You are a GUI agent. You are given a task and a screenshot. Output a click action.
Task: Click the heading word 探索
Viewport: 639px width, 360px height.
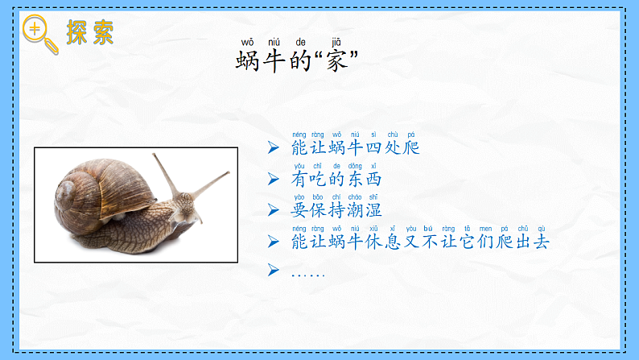90,31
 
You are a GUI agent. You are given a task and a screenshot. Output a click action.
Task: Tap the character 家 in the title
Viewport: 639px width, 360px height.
336,60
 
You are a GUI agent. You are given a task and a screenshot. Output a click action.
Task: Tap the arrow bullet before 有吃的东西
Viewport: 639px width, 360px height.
274,179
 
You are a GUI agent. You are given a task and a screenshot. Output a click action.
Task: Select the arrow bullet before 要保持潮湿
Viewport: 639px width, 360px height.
274,209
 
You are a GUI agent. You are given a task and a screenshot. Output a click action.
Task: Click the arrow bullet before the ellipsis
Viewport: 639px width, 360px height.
274,270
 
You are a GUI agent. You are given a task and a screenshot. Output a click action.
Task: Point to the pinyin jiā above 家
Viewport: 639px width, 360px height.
336,42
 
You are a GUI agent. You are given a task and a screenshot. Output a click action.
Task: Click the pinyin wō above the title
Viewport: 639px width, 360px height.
247,42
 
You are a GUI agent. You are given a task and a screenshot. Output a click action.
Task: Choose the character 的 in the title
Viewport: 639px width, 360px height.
300,60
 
